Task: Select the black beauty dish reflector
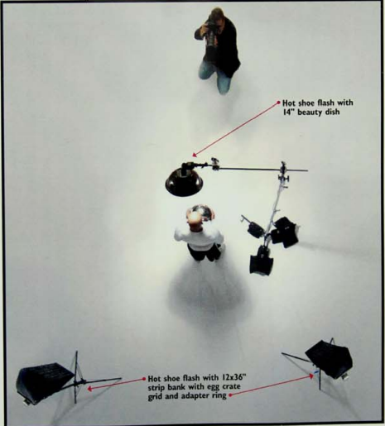click(185, 181)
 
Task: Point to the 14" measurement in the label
click(289, 112)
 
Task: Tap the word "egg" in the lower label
click(214, 387)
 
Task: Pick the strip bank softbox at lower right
click(329, 359)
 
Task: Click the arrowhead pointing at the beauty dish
click(195, 155)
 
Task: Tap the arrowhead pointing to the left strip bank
click(90, 389)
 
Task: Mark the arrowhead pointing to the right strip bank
click(311, 376)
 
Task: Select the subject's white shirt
click(198, 237)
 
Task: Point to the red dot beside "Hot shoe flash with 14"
click(278, 103)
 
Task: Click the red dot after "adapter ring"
click(230, 395)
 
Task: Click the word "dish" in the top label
click(333, 112)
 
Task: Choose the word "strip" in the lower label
click(156, 387)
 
